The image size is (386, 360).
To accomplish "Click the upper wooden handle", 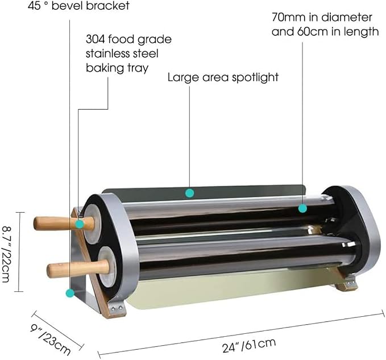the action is point(64,223).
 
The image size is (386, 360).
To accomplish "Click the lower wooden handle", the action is point(78,268).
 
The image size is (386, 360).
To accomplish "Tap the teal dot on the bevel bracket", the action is point(70,293).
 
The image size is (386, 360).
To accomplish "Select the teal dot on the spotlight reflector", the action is point(189,193).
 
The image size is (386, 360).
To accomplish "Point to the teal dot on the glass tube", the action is point(302,208).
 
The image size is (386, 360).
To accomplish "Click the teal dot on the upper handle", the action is point(79,224).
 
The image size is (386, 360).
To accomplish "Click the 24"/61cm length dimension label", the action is point(249,345).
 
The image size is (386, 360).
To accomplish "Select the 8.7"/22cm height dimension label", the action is point(6,254).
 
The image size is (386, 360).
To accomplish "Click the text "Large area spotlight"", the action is point(223,77).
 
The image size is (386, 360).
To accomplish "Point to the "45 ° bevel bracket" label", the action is point(78,6).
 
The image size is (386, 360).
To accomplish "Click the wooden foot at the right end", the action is point(346,283).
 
